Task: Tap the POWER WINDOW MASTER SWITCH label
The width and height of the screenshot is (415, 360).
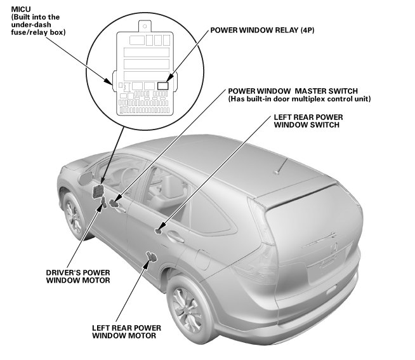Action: [x=293, y=90]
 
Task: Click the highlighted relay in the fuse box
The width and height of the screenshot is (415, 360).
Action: [x=162, y=84]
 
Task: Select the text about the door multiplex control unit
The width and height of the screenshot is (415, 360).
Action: [x=299, y=99]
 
